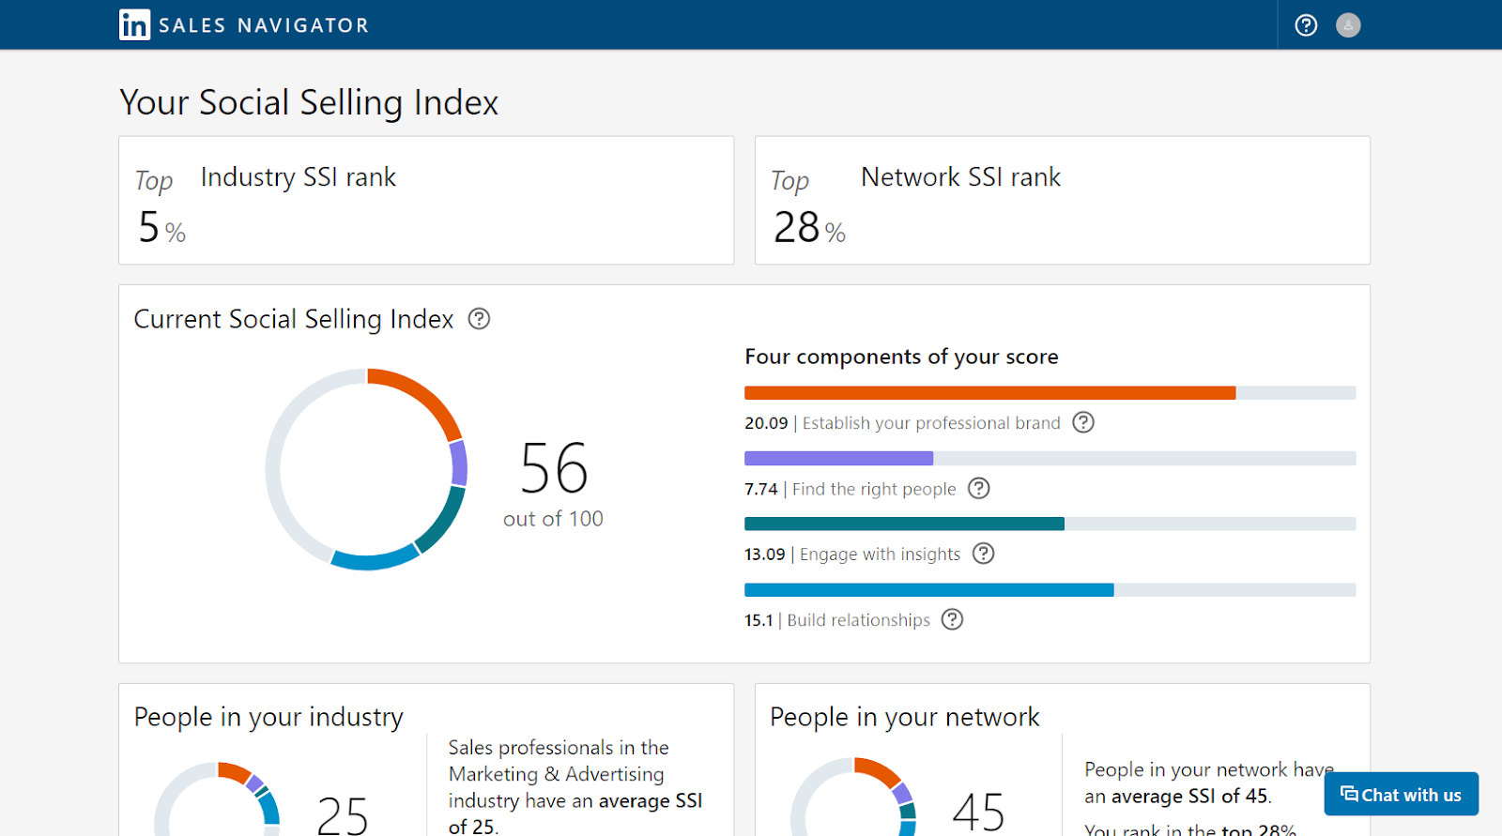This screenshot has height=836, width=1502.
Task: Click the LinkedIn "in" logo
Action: tap(134, 25)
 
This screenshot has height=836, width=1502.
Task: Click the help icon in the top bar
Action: tap(1306, 25)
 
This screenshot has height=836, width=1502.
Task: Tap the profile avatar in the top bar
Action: tap(1348, 25)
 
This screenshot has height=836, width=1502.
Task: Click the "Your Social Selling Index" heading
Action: tap(309, 102)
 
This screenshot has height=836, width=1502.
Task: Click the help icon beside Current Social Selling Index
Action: tap(479, 319)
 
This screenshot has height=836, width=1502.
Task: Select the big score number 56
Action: tap(554, 468)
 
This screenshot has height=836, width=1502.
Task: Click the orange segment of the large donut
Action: tap(422, 395)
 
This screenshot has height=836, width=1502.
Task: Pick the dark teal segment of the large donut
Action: tap(443, 521)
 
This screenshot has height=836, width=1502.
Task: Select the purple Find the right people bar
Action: tap(838, 459)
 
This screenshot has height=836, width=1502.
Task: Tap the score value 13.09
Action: tap(764, 555)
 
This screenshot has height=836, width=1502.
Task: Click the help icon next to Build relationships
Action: tap(952, 619)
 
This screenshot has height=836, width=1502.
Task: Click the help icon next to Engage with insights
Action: tap(983, 554)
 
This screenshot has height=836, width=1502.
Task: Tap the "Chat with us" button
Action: tap(1401, 795)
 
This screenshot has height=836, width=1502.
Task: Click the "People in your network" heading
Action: tap(904, 717)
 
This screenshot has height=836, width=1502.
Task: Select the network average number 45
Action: tap(978, 812)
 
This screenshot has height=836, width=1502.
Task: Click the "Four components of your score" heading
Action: tap(901, 357)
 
